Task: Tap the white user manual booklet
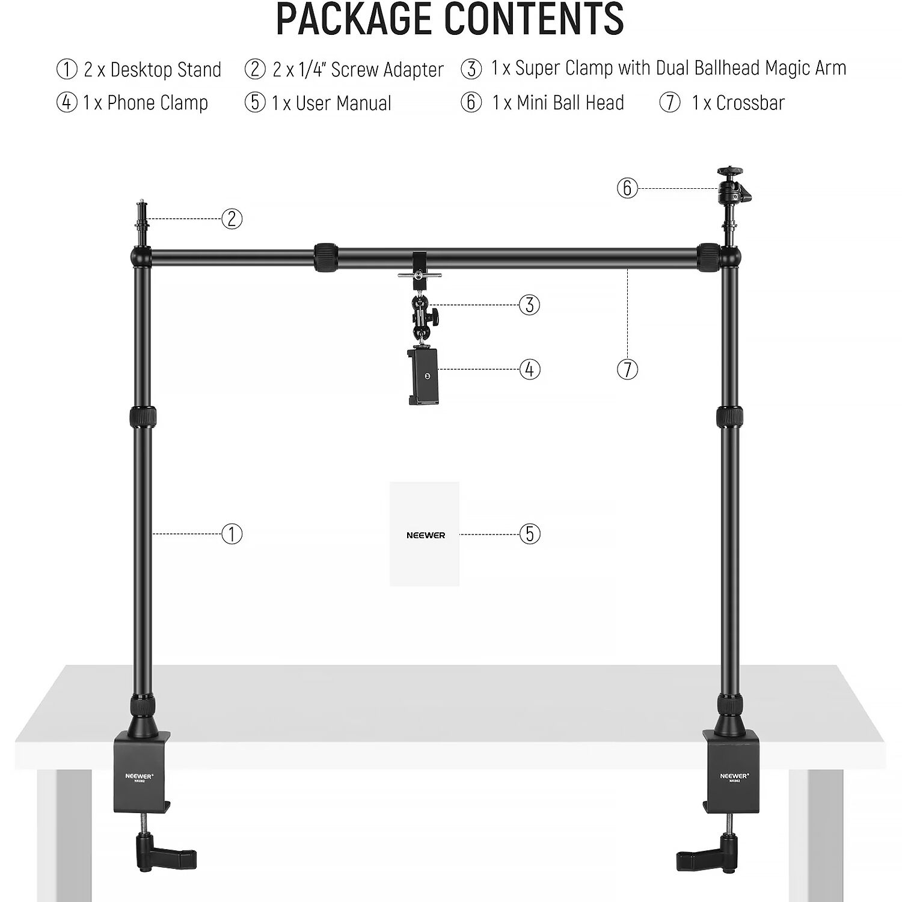tap(425, 534)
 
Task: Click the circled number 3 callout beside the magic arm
tap(529, 304)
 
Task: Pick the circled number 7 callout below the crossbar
tap(627, 369)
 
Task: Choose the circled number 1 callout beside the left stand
tap(232, 533)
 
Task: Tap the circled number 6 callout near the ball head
tap(627, 188)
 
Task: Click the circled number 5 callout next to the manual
tap(529, 533)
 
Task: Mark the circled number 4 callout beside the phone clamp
tap(529, 369)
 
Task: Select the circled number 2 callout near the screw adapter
tap(232, 218)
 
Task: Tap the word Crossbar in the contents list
tap(750, 103)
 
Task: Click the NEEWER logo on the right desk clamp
tap(734, 776)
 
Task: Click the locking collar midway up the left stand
tap(142, 416)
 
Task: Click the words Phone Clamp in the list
tap(158, 103)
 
